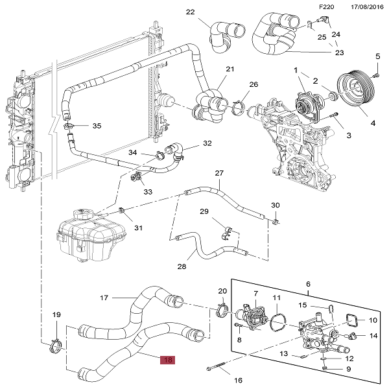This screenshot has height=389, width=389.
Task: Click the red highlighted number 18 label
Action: tap(168, 360)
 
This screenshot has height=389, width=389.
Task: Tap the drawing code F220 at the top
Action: tap(327, 6)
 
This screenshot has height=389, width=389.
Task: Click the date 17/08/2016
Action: tap(365, 6)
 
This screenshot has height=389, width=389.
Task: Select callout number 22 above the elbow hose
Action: tap(190, 12)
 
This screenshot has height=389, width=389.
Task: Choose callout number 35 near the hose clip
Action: tap(97, 126)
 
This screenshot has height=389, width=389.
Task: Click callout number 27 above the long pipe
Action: tap(219, 173)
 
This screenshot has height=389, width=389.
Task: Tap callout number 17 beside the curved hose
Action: tap(103, 298)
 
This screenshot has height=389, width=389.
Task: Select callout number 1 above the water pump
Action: tap(295, 69)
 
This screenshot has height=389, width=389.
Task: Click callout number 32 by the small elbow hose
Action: tap(207, 143)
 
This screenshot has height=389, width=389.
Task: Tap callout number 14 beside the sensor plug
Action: tap(373, 335)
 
